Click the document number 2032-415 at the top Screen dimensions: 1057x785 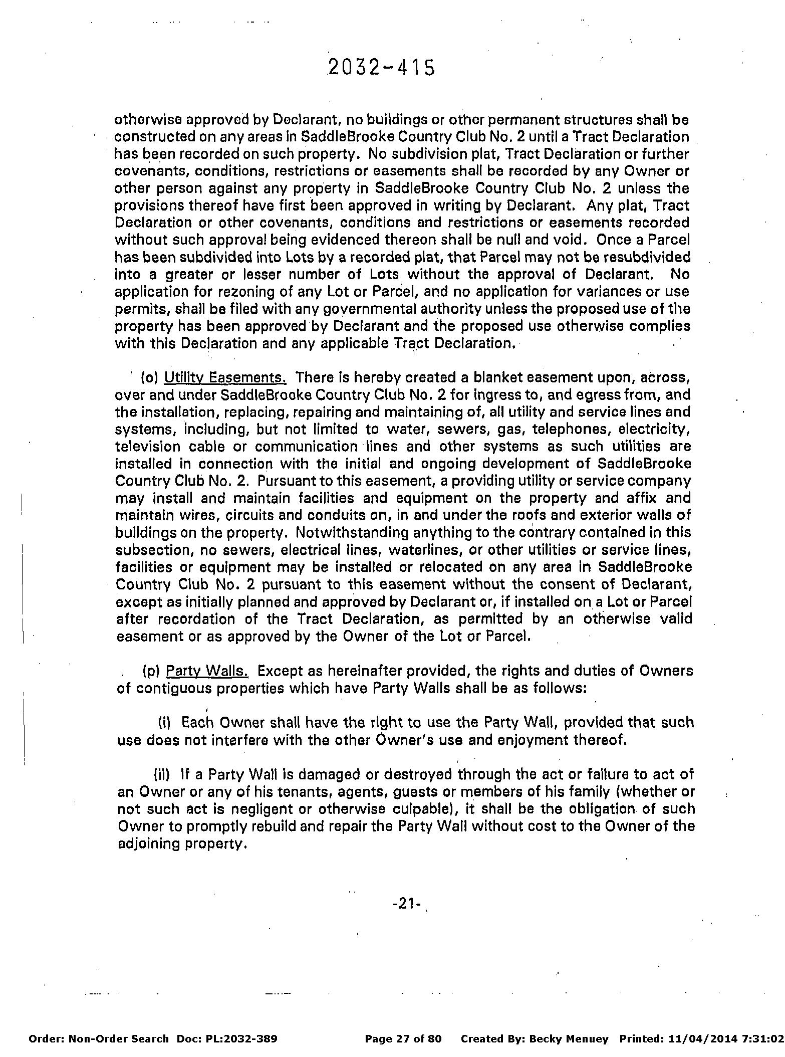tap(381, 68)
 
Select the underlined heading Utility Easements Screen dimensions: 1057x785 tap(225, 377)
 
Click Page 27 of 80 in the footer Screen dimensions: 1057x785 tap(403, 1038)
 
